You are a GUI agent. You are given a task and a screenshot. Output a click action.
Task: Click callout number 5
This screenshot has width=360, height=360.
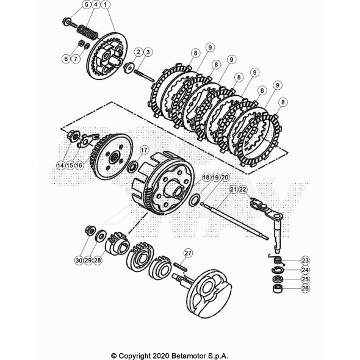86,5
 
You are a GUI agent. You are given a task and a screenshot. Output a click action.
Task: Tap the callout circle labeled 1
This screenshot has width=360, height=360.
106,5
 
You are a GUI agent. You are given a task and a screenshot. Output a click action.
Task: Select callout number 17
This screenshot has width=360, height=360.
144,150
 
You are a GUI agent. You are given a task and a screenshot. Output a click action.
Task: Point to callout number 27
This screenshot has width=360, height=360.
188,253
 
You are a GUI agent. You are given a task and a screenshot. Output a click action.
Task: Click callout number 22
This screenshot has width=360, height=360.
243,189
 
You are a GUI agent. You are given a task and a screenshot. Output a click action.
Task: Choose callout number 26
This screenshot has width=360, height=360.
305,289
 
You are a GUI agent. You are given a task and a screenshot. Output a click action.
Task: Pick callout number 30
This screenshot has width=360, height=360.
79,261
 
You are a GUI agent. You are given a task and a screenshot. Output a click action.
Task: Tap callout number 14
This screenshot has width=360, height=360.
60,165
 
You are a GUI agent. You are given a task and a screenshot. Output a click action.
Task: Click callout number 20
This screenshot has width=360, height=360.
225,178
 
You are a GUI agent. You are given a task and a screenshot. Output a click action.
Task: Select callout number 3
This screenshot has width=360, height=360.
148,52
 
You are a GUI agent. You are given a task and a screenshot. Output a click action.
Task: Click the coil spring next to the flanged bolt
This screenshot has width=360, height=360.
87,33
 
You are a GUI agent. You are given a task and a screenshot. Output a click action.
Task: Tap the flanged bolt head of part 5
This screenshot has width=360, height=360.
66,21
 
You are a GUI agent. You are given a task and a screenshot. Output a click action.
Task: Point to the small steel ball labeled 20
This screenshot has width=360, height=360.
202,203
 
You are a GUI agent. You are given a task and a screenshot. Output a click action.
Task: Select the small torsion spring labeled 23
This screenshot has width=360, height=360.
278,260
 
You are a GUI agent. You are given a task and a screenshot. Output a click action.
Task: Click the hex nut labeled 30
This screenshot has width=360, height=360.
89,230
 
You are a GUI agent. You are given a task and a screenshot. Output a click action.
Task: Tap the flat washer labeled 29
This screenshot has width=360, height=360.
100,235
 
